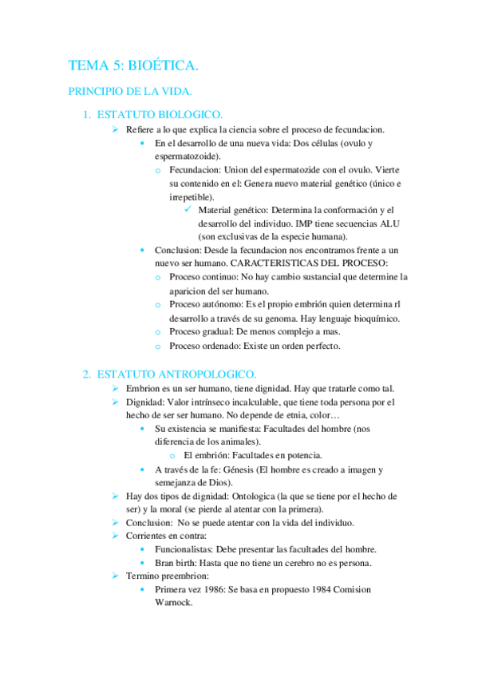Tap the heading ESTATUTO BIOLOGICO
pos(160,115)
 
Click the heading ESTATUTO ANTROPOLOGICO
pos(176,374)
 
